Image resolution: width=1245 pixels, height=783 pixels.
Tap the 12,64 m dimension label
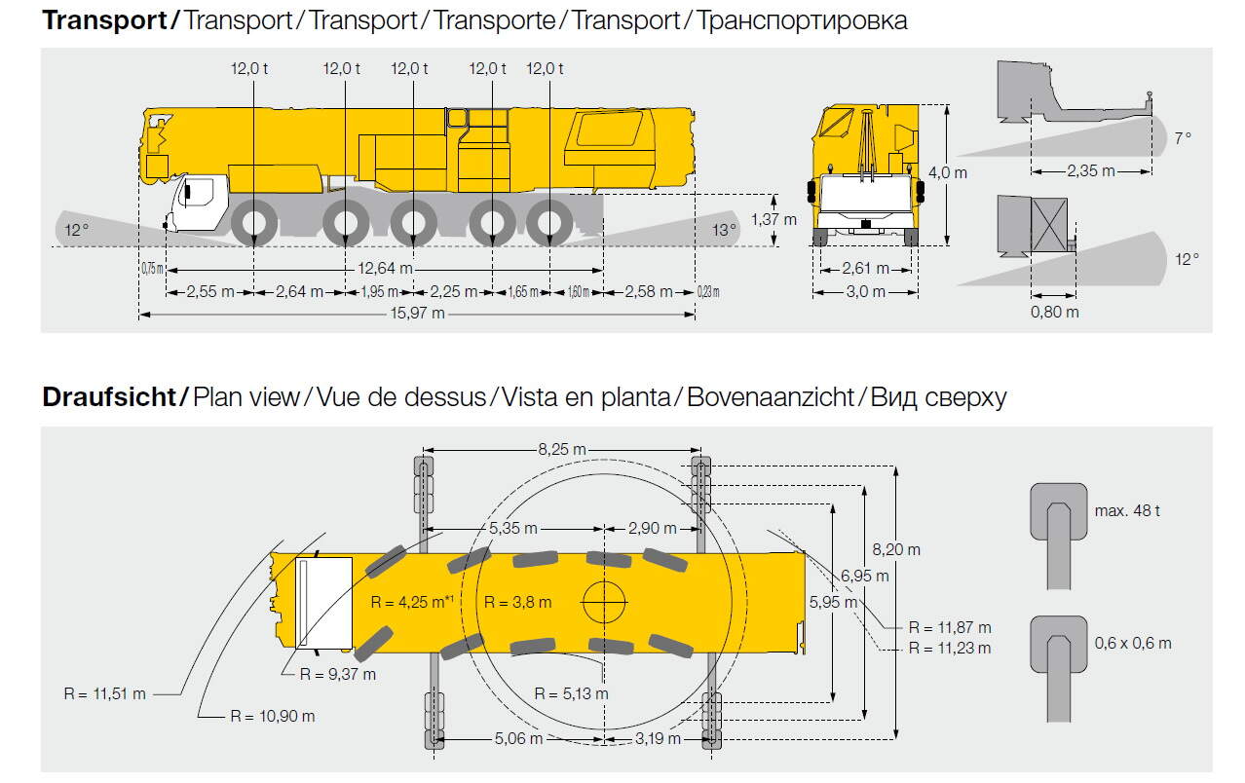click(384, 269)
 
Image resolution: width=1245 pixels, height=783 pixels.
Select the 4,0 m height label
click(947, 172)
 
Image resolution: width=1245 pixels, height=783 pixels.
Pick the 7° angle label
click(1182, 138)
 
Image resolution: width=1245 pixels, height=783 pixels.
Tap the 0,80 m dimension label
click(1055, 312)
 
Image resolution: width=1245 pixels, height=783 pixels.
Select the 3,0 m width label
click(865, 291)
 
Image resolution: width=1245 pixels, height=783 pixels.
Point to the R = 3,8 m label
click(517, 602)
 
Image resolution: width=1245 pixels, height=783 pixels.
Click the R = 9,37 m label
click(337, 674)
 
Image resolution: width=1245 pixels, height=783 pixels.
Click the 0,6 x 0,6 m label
click(1132, 643)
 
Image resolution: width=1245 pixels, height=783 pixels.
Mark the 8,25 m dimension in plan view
click(563, 449)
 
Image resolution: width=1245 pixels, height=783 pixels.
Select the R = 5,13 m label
click(571, 693)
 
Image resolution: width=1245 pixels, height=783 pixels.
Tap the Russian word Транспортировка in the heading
click(802, 20)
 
